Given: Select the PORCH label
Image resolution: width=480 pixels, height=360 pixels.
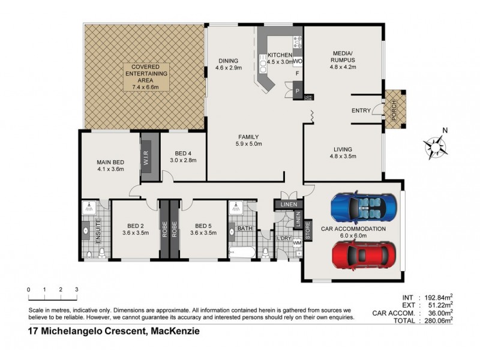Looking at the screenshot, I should [394, 110].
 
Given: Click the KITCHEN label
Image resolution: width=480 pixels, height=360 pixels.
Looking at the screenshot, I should [280, 55].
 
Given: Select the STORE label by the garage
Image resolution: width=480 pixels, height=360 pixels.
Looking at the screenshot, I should [307, 231].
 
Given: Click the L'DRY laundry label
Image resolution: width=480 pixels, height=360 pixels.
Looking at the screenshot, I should [284, 238].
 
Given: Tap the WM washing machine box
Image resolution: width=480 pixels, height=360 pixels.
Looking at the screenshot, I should [296, 243].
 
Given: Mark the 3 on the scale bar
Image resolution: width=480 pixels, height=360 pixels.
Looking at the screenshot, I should [77, 290].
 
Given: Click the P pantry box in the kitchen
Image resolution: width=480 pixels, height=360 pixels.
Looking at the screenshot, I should [298, 91].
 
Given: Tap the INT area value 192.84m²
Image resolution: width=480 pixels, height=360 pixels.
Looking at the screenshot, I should [435, 297].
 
